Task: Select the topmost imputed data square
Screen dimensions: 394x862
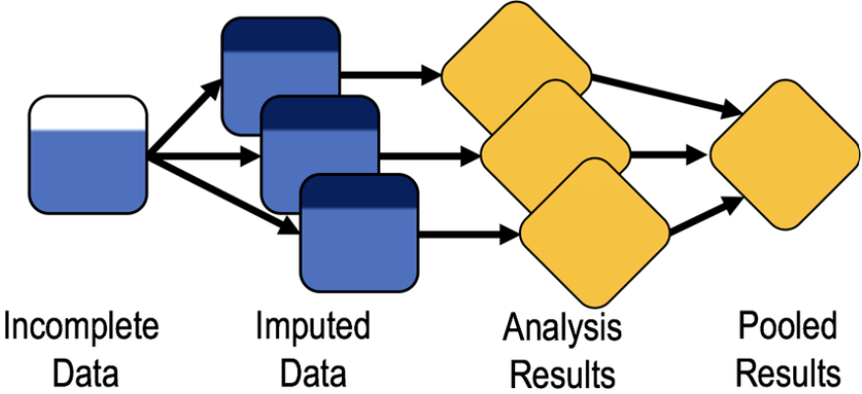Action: (280, 59)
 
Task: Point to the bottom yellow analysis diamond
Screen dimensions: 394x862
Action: (594, 232)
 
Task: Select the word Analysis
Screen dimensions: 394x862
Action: (561, 330)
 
